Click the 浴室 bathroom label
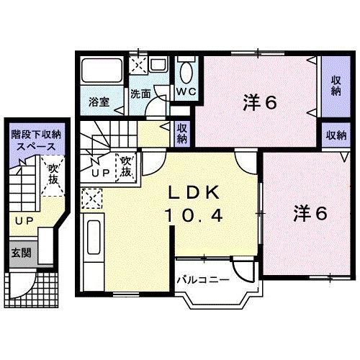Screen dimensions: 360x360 point(99,102)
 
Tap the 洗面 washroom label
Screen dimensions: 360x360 point(140,94)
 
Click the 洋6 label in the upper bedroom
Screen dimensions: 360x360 point(260,103)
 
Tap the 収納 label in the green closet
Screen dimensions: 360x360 point(183,132)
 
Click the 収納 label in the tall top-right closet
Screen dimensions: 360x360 point(335,89)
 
